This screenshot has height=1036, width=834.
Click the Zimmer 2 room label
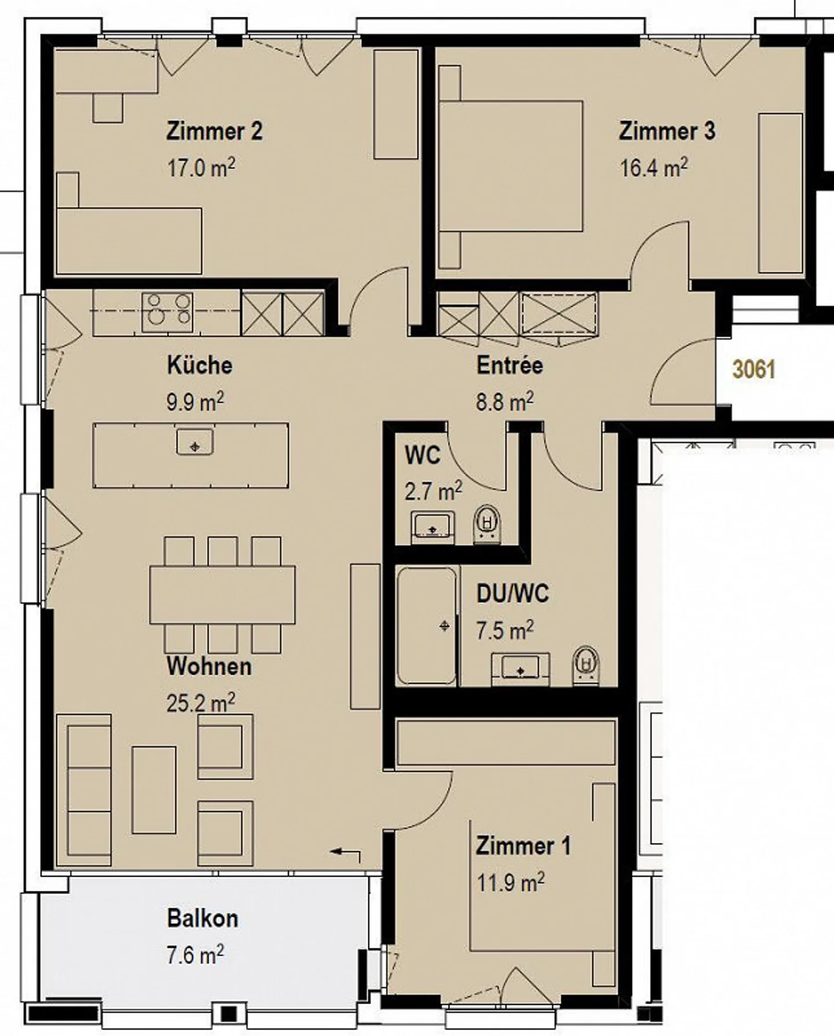tap(214, 131)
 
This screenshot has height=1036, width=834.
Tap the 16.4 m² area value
tap(654, 168)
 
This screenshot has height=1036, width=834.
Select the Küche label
tap(200, 365)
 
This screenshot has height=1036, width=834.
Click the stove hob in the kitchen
tap(167, 312)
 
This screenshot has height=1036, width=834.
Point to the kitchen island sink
tap(195, 442)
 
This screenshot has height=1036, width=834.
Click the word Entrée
tap(510, 365)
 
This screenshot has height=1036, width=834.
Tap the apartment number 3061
tap(753, 369)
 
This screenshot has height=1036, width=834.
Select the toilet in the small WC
tap(488, 525)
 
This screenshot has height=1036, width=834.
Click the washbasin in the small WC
tap(433, 528)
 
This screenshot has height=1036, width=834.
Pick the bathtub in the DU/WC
tap(427, 627)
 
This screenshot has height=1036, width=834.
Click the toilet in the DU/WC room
tap(587, 666)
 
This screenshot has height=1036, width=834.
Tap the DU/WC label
tap(513, 594)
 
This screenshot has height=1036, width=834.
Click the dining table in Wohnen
tap(222, 595)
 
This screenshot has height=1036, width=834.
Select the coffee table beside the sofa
tap(153, 790)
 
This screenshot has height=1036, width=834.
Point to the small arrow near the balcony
tap(345, 853)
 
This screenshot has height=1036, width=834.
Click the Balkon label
tap(203, 918)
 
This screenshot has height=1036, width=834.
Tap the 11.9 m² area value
tap(510, 883)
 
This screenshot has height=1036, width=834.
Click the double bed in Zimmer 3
tap(510, 166)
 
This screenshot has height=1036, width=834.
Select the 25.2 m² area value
tap(201, 703)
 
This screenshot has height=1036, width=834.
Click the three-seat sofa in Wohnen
tap(84, 790)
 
